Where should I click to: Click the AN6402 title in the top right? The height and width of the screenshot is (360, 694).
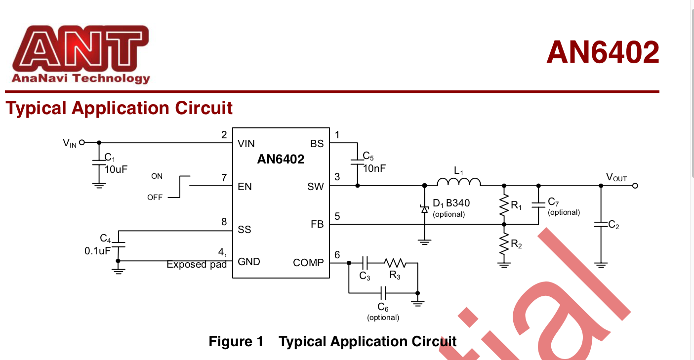[602, 52]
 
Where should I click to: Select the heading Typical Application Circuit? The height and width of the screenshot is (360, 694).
[119, 108]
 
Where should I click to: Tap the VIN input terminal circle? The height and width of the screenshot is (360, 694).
[82, 142]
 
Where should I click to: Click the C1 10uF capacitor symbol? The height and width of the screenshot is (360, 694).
[99, 163]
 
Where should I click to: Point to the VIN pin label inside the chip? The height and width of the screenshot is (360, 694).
[246, 144]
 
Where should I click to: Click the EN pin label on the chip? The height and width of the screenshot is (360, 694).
[245, 187]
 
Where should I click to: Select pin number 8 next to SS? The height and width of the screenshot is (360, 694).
[224, 222]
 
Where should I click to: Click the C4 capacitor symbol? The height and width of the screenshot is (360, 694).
[119, 244]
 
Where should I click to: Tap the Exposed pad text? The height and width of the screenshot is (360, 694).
[196, 265]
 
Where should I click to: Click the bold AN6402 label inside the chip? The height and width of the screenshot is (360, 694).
[281, 160]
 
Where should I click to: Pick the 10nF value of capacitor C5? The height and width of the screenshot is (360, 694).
[374, 168]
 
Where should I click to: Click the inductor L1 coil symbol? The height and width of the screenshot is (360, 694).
[459, 183]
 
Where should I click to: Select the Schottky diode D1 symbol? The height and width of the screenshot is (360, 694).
[424, 209]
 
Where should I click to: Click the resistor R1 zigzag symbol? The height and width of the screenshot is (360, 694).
[504, 205]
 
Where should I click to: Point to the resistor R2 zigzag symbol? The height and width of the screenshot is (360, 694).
[504, 244]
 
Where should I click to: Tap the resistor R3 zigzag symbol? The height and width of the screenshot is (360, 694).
[395, 263]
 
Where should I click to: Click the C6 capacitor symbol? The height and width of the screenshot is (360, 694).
[383, 293]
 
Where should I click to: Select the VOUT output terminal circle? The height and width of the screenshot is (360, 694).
[635, 186]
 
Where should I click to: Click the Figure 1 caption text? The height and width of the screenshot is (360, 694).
[332, 341]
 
